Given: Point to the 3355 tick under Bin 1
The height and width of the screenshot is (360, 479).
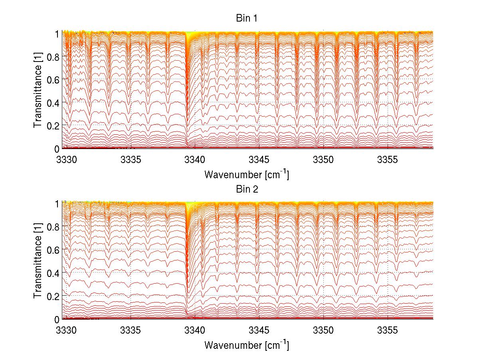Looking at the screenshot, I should point(388,160).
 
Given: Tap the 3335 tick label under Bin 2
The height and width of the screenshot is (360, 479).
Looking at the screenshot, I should point(131,331).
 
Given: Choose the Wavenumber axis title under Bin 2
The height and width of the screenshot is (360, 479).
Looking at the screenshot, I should point(246,345).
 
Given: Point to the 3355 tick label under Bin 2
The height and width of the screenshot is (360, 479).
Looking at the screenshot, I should point(388,331).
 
